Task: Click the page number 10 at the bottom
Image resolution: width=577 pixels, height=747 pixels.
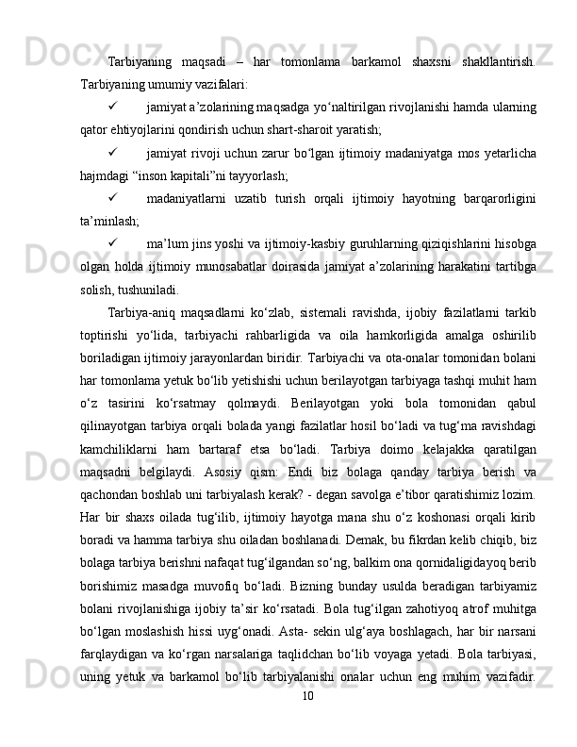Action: (x=305, y=722)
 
